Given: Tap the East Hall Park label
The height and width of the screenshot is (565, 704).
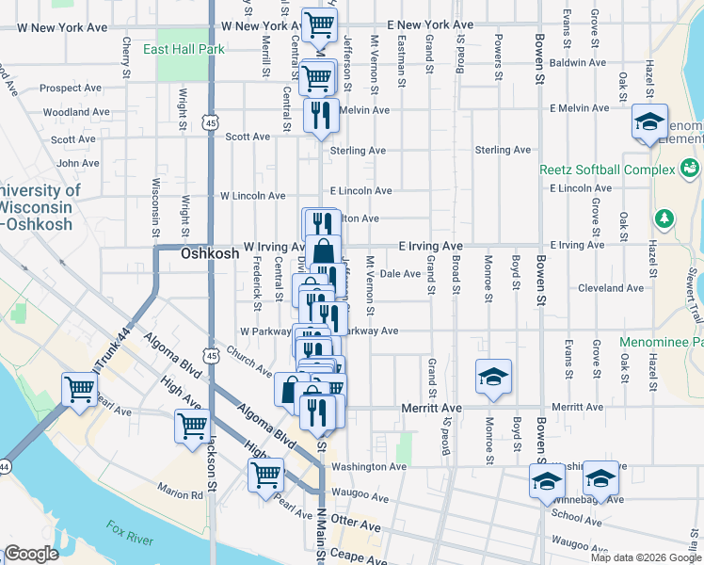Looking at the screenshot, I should [184, 48].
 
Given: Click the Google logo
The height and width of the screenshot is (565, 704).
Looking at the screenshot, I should [31, 554].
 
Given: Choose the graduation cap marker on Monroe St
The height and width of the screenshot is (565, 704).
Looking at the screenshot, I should [493, 377].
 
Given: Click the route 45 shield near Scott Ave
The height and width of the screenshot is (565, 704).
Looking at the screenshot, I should [210, 123].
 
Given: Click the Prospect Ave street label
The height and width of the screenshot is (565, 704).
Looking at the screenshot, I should [71, 89].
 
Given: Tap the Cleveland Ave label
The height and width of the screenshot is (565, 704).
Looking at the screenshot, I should [609, 288].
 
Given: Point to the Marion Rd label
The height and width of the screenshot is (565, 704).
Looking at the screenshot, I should [181, 493].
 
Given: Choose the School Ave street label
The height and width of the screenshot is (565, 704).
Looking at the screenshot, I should [577, 515].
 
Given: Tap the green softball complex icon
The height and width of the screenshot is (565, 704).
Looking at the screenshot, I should [691, 168].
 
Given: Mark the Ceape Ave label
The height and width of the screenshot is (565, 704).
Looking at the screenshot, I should [359, 560].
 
